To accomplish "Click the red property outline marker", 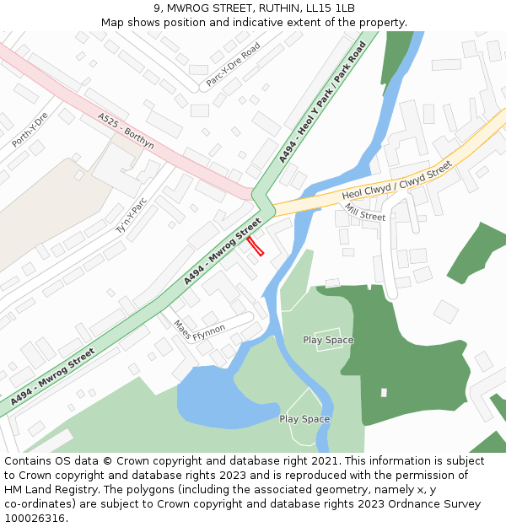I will (x=256, y=245).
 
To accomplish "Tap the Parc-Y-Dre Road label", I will (x=234, y=65).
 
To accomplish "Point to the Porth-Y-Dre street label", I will (x=30, y=130).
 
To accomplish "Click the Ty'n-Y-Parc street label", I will (x=132, y=215).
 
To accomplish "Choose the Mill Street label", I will (x=364, y=215).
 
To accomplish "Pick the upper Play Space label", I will (x=328, y=340).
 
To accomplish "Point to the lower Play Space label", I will (x=304, y=419).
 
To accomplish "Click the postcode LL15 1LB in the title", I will (x=335, y=8).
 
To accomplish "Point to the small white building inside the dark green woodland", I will (x=384, y=392).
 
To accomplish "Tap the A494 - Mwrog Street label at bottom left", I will (x=52, y=377).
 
